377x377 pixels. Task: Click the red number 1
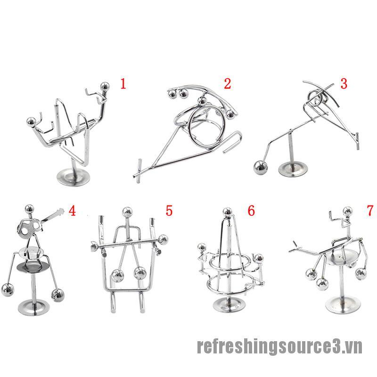pyautogui.click(x=123, y=84)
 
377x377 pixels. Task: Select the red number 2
pyautogui.click(x=228, y=84)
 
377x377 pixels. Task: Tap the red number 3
pyautogui.click(x=344, y=84)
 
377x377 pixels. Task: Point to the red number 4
pyautogui.click(x=72, y=211)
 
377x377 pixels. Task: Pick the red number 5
pyautogui.click(x=169, y=211)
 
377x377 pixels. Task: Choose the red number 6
pyautogui.click(x=251, y=211)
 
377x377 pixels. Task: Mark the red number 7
pyautogui.click(x=370, y=211)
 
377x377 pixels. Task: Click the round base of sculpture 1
pyautogui.click(x=74, y=177)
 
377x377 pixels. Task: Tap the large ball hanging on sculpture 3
pyautogui.click(x=261, y=167)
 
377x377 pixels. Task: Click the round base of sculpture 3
pyautogui.click(x=293, y=169)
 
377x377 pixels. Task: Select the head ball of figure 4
pyautogui.click(x=29, y=210)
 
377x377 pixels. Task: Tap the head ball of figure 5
pyautogui.click(x=127, y=212)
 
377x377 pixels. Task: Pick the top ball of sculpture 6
pyautogui.click(x=227, y=213)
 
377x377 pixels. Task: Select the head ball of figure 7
pyautogui.click(x=348, y=211)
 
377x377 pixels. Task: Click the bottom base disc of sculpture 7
pyautogui.click(x=343, y=305)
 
